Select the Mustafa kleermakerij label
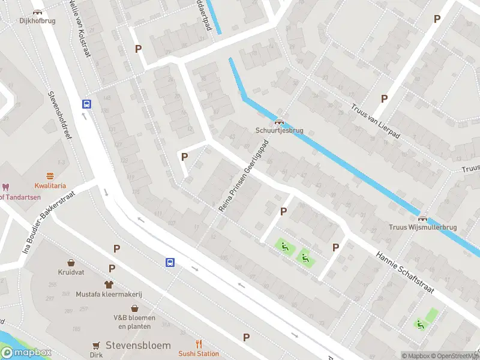click(109, 294)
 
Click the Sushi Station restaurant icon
click(199, 344)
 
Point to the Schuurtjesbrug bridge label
click(279, 130)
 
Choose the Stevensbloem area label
click(138, 346)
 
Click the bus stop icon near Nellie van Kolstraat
click(87, 104)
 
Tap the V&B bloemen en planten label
click(134, 322)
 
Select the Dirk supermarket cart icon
click(96, 345)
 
